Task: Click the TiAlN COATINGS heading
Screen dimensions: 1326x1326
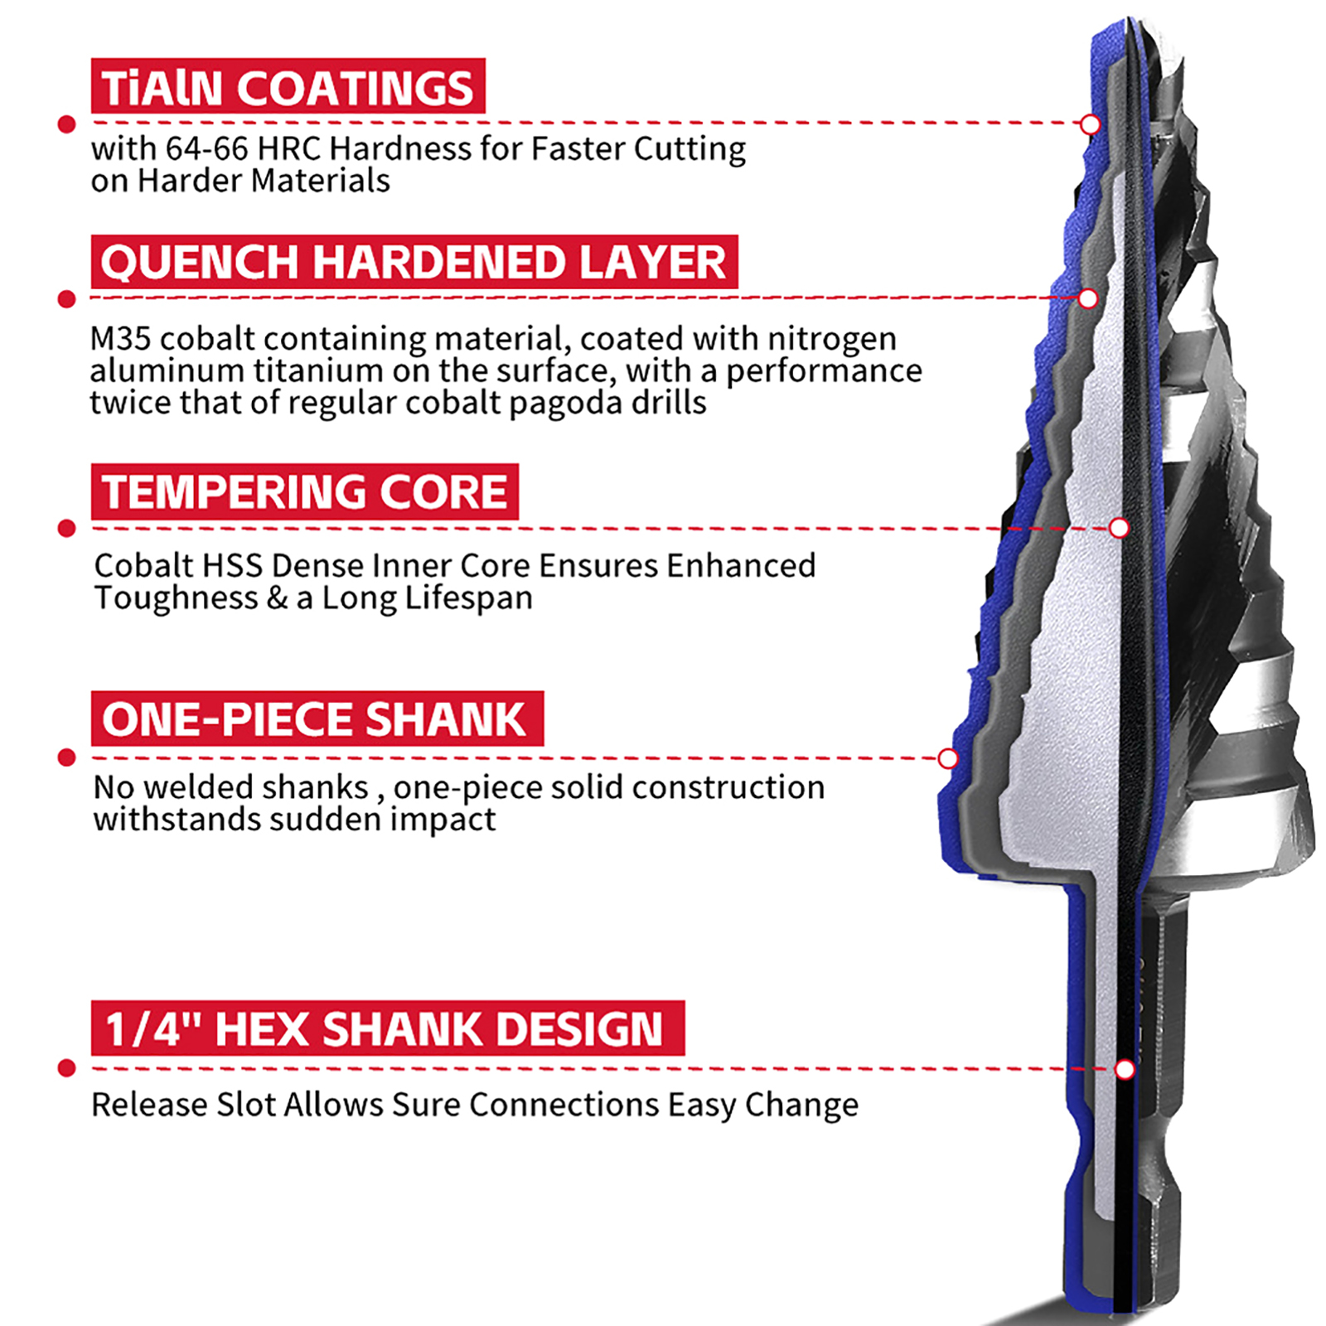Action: [288, 86]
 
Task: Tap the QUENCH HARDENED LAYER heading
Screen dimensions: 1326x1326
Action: [414, 262]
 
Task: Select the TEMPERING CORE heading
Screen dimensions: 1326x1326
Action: [305, 491]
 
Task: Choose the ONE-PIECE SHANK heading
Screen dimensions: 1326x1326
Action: [317, 719]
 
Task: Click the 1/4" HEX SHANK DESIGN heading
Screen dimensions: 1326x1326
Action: [388, 1028]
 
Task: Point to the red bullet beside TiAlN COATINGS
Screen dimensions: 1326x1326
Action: [67, 124]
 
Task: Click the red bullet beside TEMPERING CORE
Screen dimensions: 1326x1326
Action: [67, 528]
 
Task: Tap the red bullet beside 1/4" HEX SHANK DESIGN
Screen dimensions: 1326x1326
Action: [67, 1068]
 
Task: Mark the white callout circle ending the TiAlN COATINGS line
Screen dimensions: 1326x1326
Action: [1091, 124]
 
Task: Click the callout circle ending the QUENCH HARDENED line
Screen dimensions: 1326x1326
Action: [1088, 298]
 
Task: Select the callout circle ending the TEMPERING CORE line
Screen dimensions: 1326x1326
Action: [1119, 528]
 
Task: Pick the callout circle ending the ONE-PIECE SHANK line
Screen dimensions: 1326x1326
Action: [948, 758]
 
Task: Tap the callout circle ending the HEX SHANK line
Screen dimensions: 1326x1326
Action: [1125, 1069]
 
